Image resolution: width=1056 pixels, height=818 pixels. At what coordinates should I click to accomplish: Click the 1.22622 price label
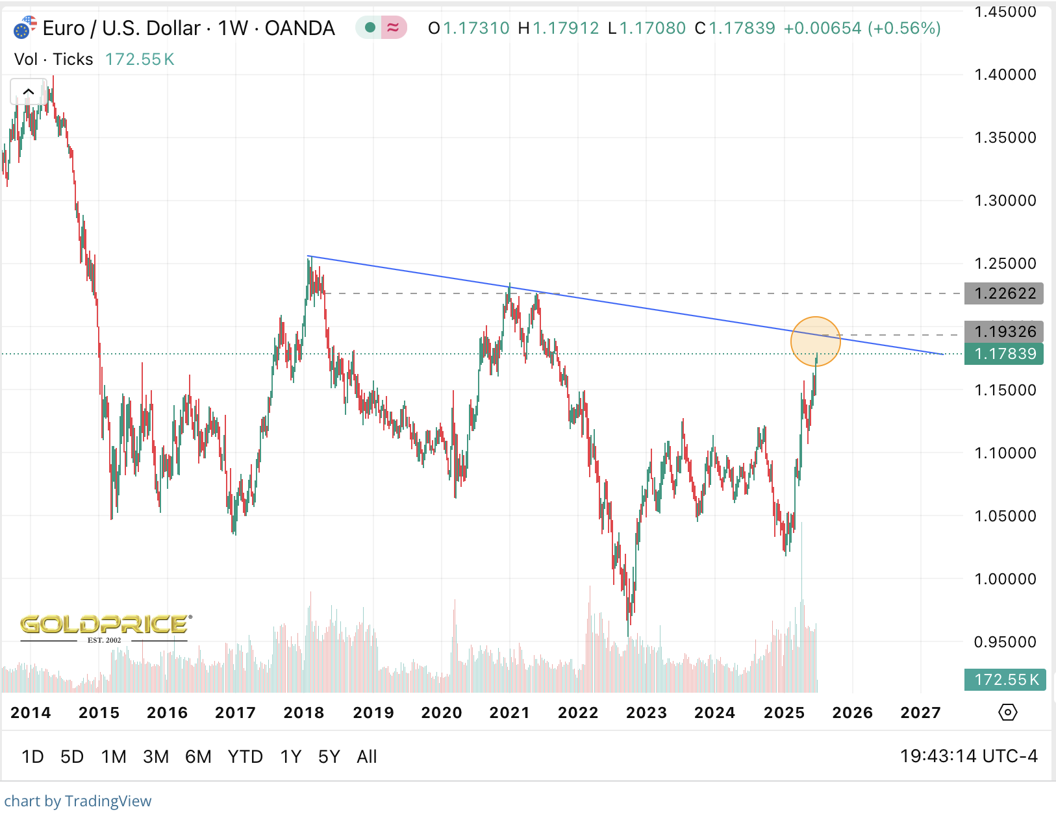click(1004, 293)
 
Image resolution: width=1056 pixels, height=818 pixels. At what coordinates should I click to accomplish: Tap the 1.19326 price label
click(1004, 332)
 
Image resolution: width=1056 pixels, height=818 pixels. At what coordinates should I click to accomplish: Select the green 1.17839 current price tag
click(1004, 354)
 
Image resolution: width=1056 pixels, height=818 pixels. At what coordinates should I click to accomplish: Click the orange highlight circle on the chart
click(816, 341)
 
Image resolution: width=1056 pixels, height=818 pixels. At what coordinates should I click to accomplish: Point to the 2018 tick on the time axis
click(303, 713)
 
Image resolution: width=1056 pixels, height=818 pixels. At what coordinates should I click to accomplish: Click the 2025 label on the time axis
click(784, 713)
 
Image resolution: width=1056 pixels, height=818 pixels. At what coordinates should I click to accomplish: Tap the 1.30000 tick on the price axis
click(1005, 201)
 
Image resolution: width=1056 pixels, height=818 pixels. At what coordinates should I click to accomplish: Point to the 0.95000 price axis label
click(1005, 642)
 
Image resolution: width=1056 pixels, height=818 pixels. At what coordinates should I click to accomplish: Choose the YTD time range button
click(245, 757)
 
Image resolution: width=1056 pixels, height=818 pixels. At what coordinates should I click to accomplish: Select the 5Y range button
click(329, 757)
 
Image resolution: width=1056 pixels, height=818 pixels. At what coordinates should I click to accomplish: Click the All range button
click(366, 757)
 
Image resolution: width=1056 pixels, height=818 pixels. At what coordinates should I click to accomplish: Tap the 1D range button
click(32, 757)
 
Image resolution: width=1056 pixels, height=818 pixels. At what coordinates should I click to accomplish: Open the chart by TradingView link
click(78, 801)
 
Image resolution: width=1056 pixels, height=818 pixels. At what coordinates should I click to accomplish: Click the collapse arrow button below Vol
click(28, 92)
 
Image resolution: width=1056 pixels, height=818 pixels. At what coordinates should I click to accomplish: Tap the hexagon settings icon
click(1007, 712)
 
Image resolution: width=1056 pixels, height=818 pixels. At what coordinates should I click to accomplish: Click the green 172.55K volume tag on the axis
click(1005, 680)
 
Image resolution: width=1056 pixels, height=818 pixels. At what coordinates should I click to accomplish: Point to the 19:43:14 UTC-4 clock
click(968, 756)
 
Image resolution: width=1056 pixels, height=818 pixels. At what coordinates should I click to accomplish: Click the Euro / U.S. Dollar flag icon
click(25, 29)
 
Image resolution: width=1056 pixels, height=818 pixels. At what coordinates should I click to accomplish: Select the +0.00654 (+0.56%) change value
click(862, 29)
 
